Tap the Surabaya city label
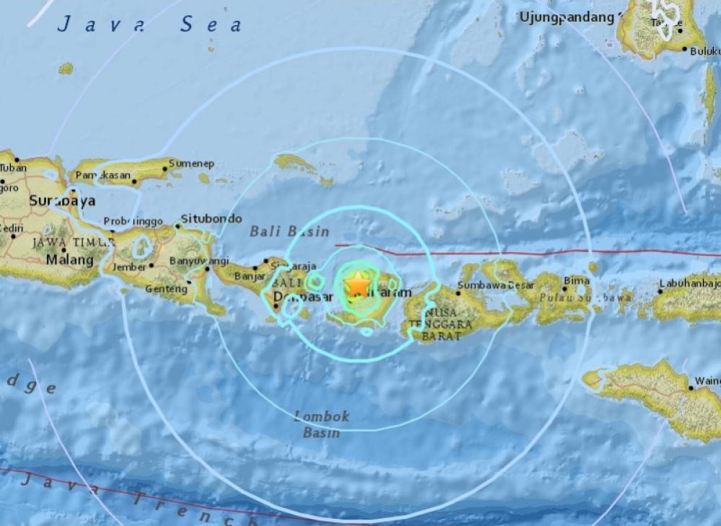click(55, 201)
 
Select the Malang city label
click(69, 259)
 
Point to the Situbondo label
click(211, 218)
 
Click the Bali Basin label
click(289, 231)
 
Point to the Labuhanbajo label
click(689, 283)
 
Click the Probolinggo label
click(131, 221)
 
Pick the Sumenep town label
click(192, 164)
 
